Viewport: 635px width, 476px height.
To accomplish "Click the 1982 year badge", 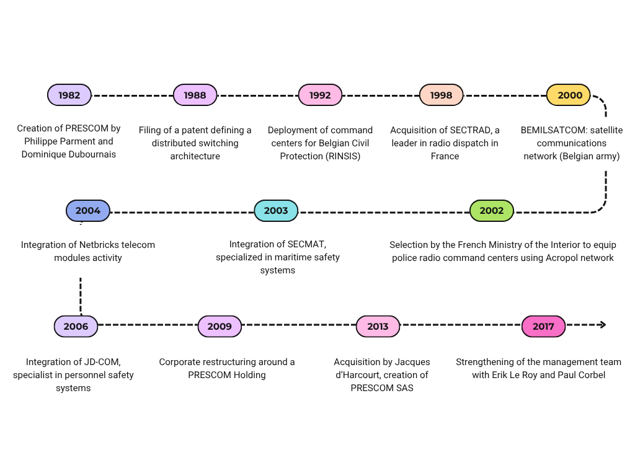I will pyautogui.click(x=69, y=95).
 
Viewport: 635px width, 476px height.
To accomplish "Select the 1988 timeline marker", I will pyautogui.click(x=195, y=95).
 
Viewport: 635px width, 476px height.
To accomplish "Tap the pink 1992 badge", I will pyautogui.click(x=320, y=95).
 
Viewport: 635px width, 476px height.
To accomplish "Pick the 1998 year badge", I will pyautogui.click(x=441, y=95).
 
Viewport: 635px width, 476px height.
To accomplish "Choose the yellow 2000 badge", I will pyautogui.click(x=569, y=95).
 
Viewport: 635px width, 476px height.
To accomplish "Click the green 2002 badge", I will pyautogui.click(x=492, y=211).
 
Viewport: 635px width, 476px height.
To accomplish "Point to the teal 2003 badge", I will pyautogui.click(x=276, y=211).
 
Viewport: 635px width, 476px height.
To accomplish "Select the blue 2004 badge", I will pyautogui.click(x=88, y=211).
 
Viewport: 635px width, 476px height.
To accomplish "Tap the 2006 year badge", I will pyautogui.click(x=76, y=327).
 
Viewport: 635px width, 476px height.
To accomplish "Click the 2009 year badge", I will pyautogui.click(x=220, y=327).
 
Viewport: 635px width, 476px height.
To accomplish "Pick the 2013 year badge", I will pyautogui.click(x=378, y=327).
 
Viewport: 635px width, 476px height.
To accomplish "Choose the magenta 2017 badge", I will pyautogui.click(x=543, y=327).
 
